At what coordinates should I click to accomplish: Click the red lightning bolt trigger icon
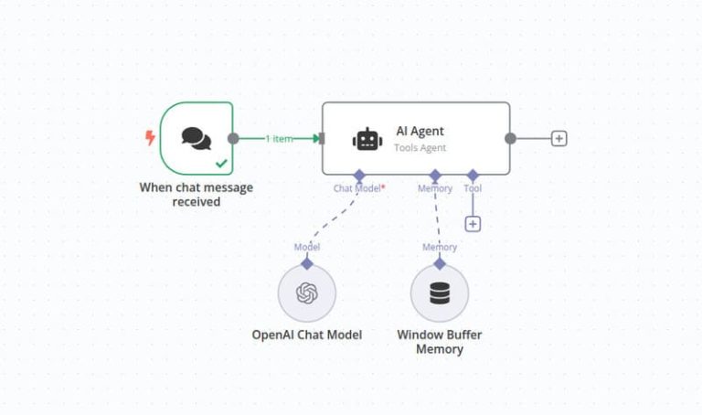[150, 138]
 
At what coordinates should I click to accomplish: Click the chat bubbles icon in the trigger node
[196, 138]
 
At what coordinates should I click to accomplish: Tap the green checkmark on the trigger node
[220, 164]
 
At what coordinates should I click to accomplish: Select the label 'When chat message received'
[196, 195]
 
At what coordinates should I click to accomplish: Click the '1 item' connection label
[279, 139]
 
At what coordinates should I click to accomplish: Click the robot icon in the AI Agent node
[367, 139]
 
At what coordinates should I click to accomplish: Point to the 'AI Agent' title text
[420, 131]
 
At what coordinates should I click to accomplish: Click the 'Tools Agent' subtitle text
[420, 147]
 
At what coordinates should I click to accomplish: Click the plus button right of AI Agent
[559, 139]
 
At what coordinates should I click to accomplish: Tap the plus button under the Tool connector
[473, 224]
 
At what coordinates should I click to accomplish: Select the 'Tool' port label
[473, 188]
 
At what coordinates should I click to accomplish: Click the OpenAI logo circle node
[307, 293]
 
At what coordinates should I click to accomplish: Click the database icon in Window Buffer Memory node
[440, 293]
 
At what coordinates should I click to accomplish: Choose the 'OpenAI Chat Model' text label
[307, 335]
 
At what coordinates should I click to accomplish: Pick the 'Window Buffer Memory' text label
[440, 342]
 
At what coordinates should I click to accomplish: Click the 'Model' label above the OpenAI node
[307, 247]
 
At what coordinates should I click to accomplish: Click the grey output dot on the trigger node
[233, 139]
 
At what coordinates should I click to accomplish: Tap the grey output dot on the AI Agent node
[510, 139]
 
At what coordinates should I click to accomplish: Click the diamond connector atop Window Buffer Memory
[440, 263]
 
